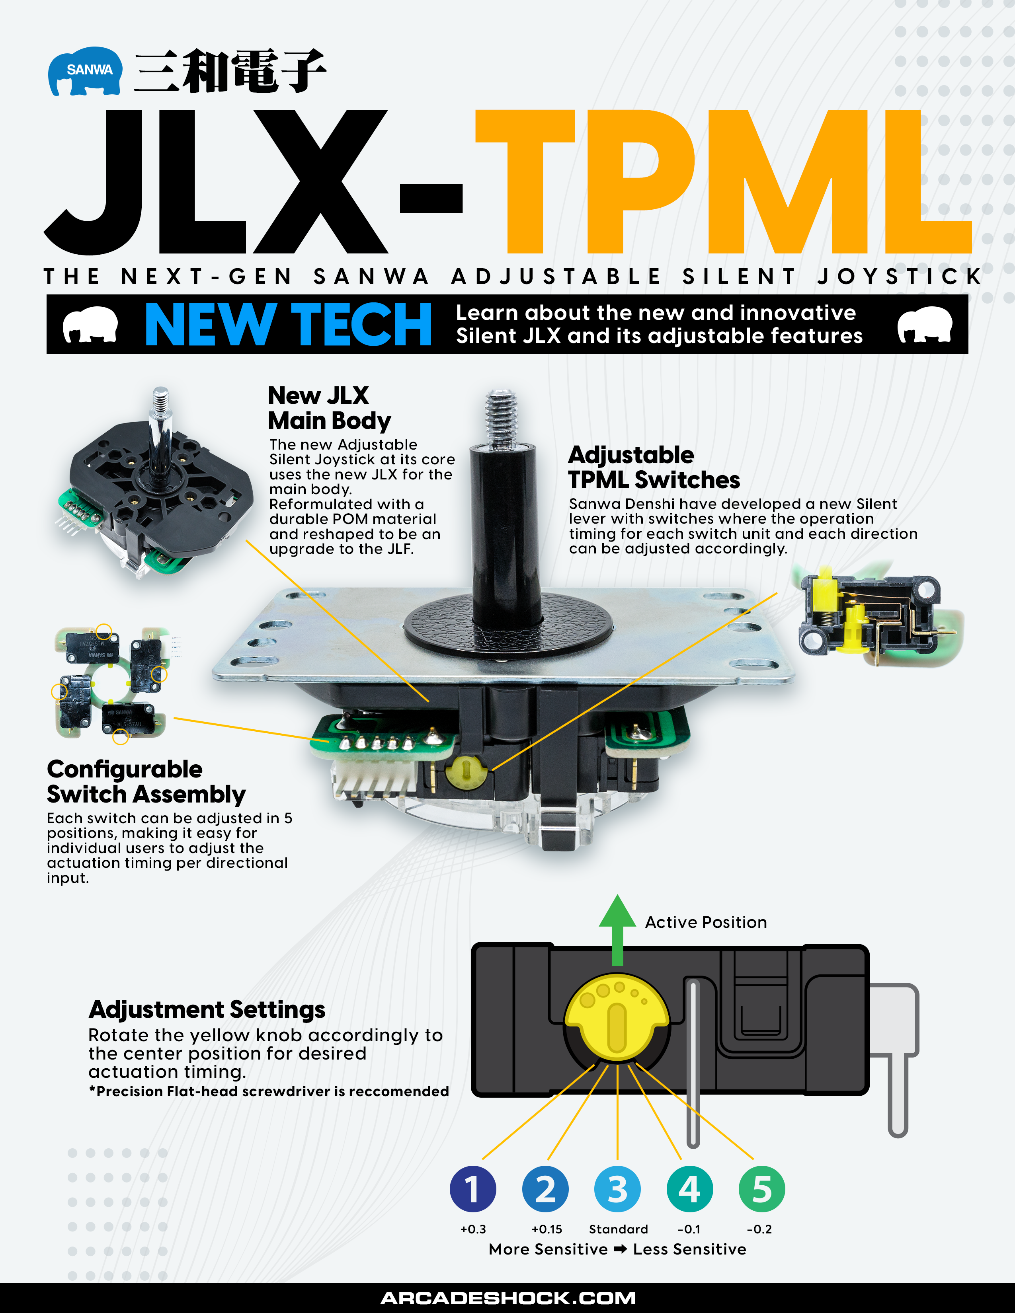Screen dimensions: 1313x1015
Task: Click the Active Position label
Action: (x=706, y=922)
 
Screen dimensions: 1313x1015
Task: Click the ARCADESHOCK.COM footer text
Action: (x=508, y=1298)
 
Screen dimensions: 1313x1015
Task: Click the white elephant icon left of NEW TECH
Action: (x=90, y=325)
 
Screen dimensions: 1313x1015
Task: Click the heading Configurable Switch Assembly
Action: (x=146, y=781)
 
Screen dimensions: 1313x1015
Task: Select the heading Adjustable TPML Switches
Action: (x=654, y=468)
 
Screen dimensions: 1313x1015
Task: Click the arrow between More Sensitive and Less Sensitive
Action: (x=620, y=1249)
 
